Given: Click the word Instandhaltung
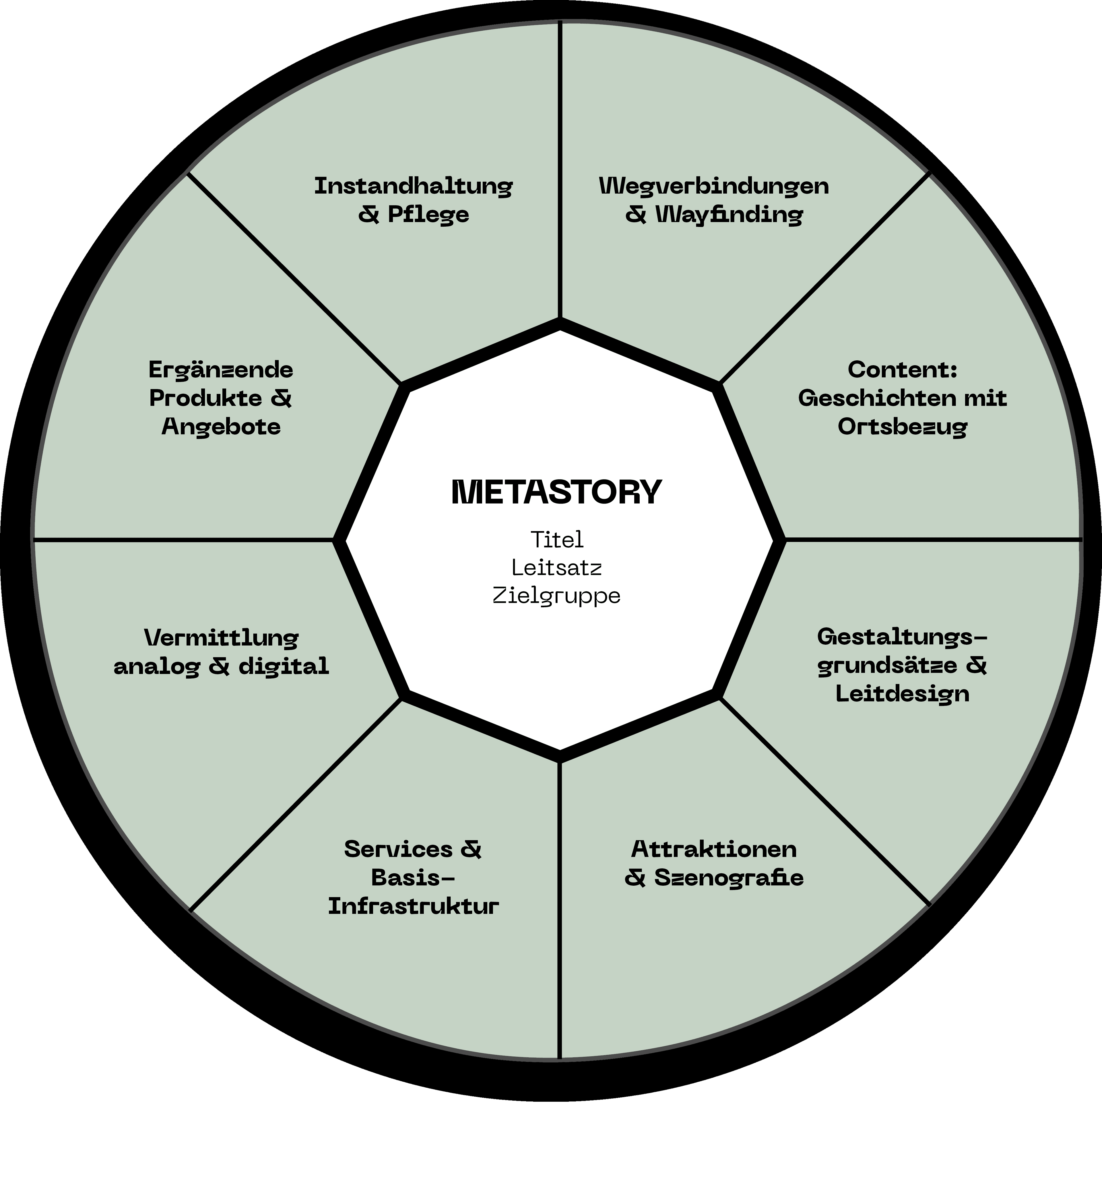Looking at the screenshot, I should coord(413,186).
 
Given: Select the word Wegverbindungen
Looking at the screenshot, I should coord(714,186).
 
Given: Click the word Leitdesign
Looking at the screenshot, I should coord(902,694).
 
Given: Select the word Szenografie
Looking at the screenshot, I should coord(729,877).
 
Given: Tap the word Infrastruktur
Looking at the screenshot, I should coord(413,906).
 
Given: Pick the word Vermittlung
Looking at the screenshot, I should coord(221,638).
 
